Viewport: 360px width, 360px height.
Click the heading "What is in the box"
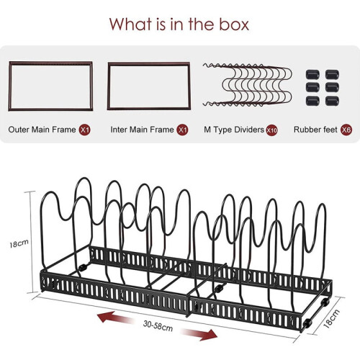179,24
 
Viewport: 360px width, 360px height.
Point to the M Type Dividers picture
247,85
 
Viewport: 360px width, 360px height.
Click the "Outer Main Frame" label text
42,130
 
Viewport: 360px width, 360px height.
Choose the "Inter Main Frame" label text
142,130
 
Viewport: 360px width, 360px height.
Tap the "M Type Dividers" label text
234,130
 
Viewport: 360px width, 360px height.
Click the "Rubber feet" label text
315,130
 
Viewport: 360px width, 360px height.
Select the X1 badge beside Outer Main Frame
85,130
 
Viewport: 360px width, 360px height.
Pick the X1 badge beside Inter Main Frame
182,130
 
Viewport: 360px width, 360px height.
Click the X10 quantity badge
271,130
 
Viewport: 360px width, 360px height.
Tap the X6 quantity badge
346,130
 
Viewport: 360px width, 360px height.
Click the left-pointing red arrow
114,318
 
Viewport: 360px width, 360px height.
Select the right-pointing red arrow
199,334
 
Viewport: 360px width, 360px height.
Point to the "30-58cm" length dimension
158,326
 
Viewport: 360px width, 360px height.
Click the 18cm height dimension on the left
19,243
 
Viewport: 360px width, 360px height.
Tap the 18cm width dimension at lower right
331,319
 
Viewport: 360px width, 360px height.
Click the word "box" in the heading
235,24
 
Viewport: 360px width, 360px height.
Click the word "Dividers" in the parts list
249,130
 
